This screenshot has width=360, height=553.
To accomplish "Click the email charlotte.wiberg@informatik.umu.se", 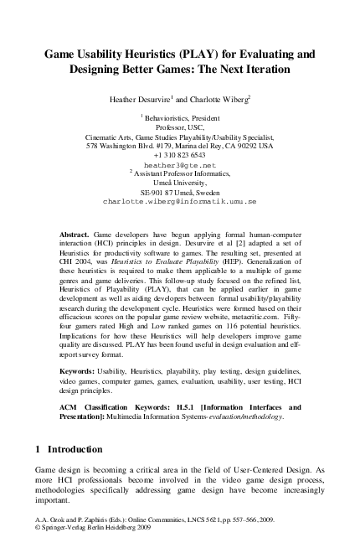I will (x=179, y=202).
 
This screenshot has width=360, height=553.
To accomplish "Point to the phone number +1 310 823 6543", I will (x=179, y=156).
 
